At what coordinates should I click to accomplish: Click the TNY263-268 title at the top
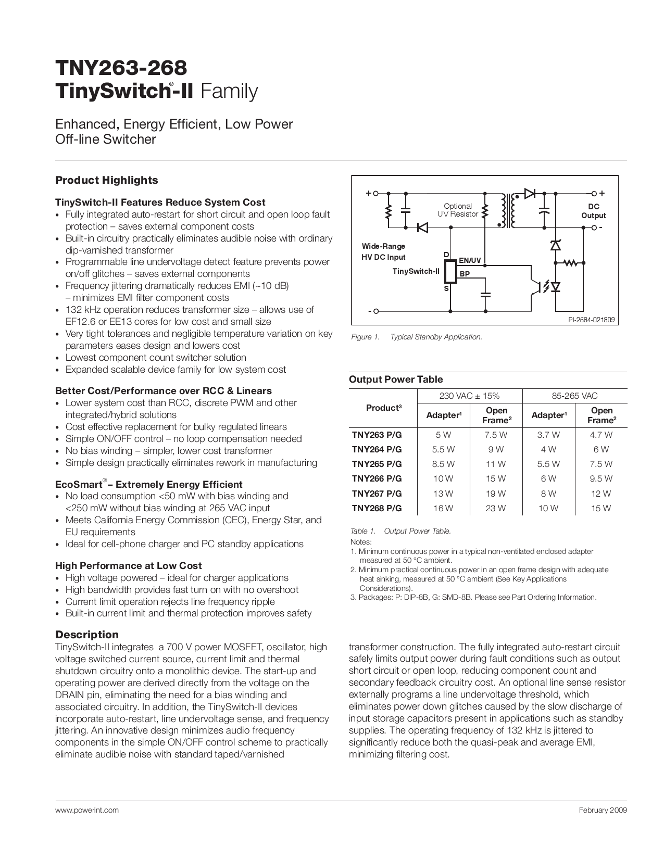[x=121, y=68]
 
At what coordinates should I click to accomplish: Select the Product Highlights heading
[x=106, y=180]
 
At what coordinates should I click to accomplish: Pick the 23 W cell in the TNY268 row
[x=496, y=508]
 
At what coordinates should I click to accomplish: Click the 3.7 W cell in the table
[x=548, y=435]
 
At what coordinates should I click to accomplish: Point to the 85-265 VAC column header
[x=574, y=396]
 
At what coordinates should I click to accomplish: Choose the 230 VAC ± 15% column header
[x=469, y=396]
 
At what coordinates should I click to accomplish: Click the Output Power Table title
[x=396, y=380]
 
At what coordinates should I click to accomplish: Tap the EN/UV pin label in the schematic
[x=470, y=260]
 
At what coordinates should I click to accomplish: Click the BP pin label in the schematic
[x=465, y=273]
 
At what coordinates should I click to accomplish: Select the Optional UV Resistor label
[x=457, y=210]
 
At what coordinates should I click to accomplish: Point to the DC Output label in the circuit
[x=593, y=211]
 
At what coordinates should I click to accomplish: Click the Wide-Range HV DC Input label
[x=383, y=251]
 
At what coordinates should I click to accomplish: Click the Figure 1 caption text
[x=417, y=337]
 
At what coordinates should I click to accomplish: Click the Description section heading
[x=87, y=635]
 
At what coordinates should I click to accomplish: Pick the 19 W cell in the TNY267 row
[x=496, y=494]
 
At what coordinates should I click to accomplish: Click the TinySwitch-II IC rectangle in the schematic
[x=451, y=271]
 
